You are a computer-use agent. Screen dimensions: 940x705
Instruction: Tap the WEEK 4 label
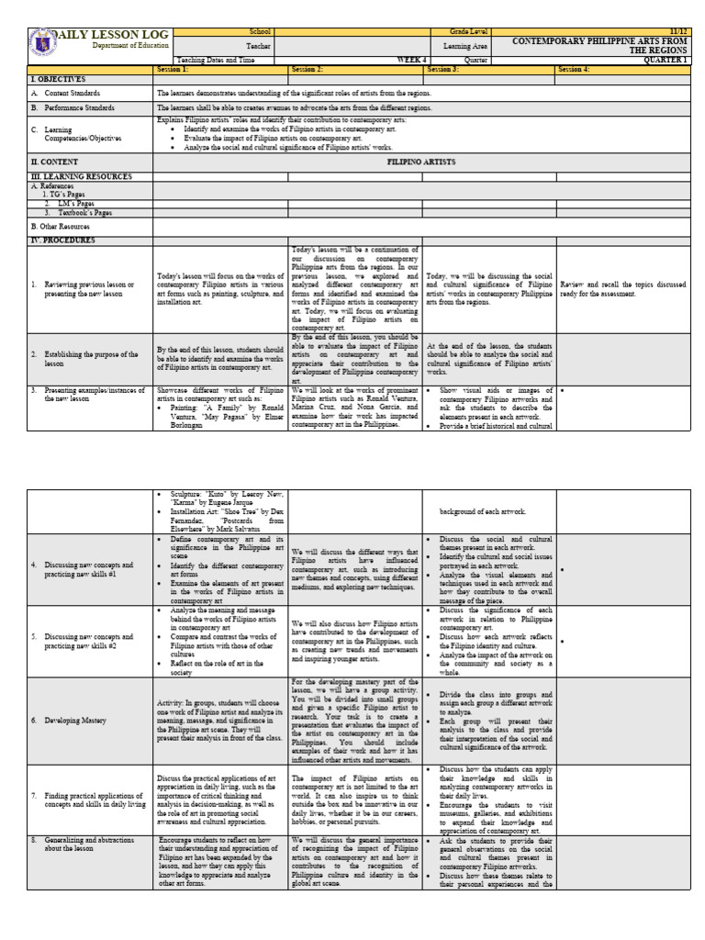(411, 60)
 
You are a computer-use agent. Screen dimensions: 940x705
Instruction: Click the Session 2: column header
(308, 70)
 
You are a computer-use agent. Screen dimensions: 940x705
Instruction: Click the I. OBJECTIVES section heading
(58, 80)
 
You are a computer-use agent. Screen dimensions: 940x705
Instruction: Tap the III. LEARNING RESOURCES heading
(81, 175)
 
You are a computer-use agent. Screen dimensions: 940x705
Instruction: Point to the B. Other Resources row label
(61, 225)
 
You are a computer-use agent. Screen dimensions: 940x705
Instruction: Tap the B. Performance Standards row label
(84, 107)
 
